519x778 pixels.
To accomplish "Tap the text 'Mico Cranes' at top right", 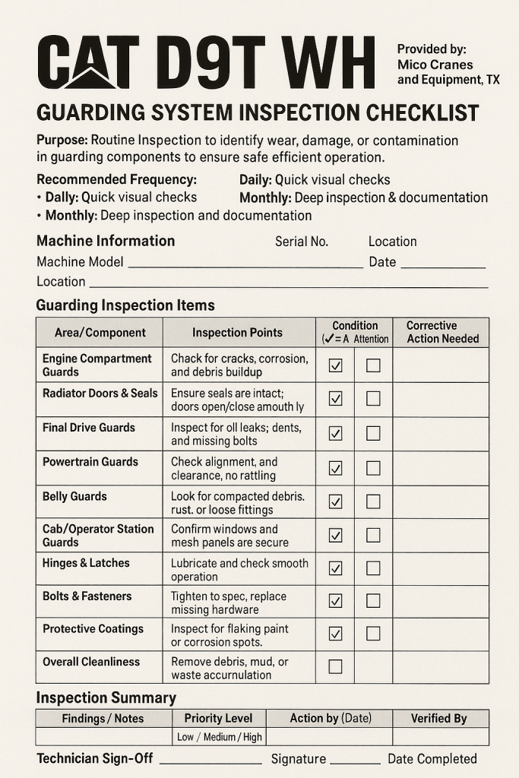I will coord(435,65).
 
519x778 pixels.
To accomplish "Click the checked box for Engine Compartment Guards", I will coord(335,365).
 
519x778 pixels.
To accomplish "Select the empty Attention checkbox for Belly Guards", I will coord(373,501).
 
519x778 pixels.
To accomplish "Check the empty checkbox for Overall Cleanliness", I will coord(335,667).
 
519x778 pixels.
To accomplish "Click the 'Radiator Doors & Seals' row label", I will coord(100,394).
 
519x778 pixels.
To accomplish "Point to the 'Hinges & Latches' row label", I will coord(86,563).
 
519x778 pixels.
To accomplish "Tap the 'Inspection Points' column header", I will coord(237,333).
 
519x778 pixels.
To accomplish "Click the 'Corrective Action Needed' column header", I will coord(441,332).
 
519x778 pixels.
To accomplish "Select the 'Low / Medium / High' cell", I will coord(219,736).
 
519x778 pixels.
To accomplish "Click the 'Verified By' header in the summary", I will coord(439,718).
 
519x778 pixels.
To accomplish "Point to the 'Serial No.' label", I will coord(302,242).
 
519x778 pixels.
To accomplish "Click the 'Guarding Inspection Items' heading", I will coord(125,305).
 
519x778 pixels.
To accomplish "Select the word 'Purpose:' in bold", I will coord(62,141).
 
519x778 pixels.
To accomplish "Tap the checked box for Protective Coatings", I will coord(335,634).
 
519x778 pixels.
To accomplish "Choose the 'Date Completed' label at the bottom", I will coord(432,759).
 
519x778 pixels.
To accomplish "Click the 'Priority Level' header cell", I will coord(219,718).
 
